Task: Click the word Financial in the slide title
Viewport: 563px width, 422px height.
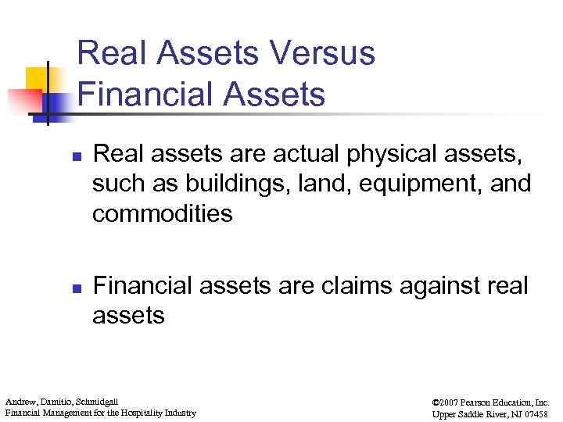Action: [x=133, y=95]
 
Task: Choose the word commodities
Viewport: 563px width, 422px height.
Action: [x=162, y=213]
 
